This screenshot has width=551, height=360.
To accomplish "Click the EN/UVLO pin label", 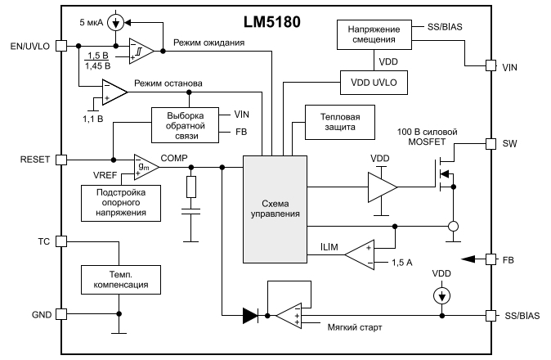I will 27,46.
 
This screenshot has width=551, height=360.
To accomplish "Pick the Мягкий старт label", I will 354,328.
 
